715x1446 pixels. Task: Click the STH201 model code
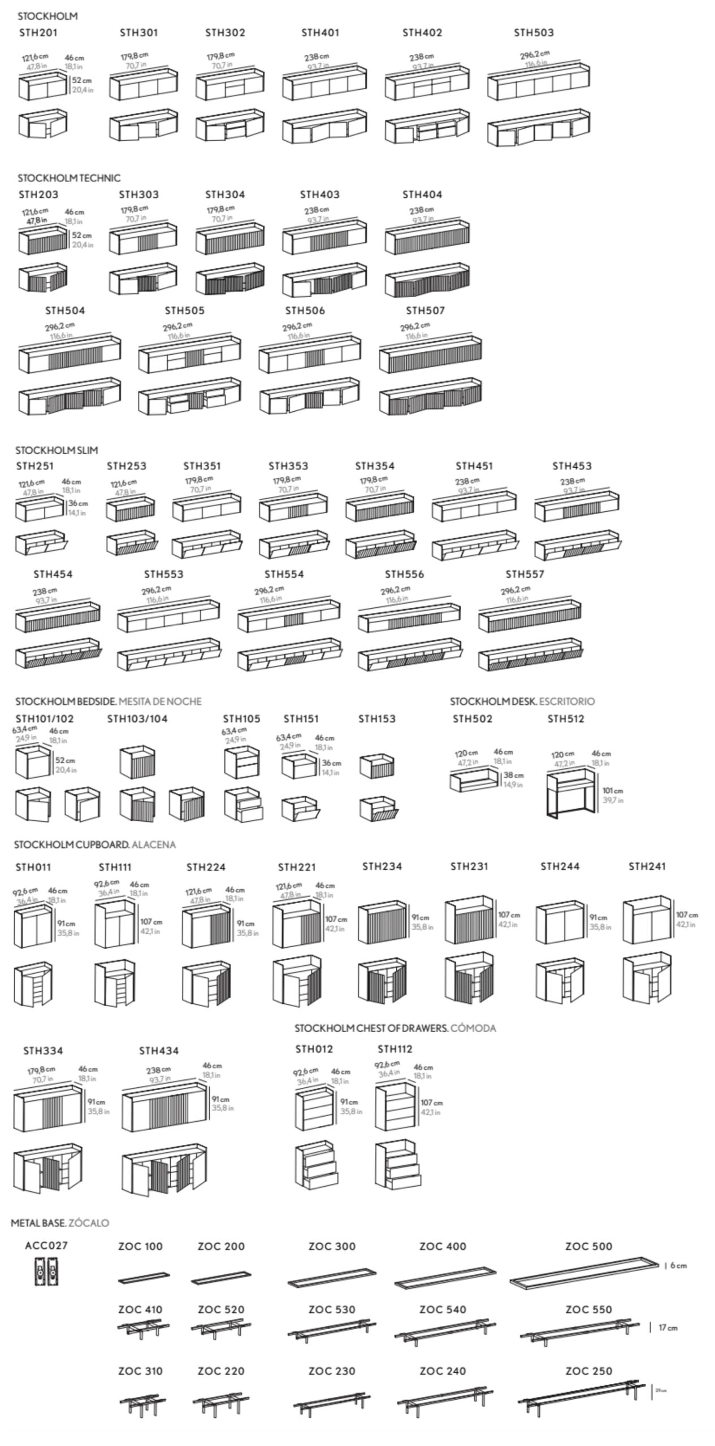38,33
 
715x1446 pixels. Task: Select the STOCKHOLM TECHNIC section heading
69,178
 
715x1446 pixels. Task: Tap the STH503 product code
534,33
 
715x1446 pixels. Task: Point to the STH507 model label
425,311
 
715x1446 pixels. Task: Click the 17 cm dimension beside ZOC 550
668,1327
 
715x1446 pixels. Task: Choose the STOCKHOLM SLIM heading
57,450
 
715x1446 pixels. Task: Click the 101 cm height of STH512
613,791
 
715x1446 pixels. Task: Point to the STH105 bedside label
241,719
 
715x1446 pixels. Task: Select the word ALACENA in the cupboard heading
154,844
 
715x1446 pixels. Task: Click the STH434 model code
159,1051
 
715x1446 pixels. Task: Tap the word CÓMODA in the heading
473,1028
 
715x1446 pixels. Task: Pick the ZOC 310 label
140,1371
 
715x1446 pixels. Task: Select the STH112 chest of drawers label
395,1049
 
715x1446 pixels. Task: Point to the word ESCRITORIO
567,702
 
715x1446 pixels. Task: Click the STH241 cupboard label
647,866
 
